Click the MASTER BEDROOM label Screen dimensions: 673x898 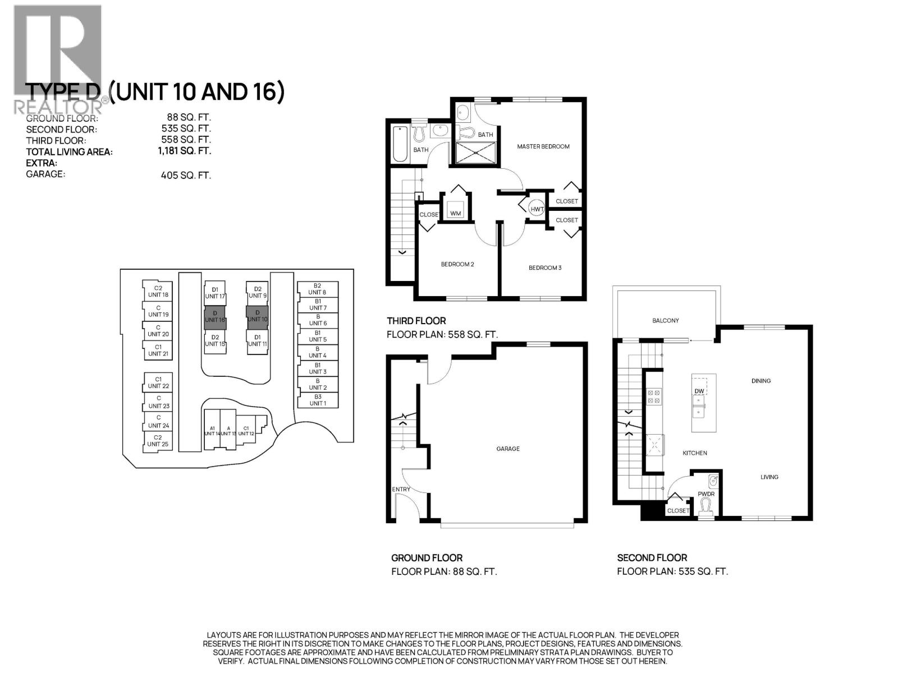coord(543,146)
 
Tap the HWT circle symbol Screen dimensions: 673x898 coord(537,209)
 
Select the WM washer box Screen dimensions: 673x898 coord(455,213)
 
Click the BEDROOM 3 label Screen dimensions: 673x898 coord(544,268)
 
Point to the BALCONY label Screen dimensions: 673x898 coord(665,320)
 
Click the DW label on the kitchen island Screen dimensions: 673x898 coord(699,391)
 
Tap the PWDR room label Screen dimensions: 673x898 coord(705,494)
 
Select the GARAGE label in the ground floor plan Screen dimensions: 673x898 coord(507,449)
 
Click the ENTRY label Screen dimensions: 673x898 coord(401,489)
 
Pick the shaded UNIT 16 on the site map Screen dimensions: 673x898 coord(214,317)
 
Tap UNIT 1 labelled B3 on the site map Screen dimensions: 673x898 coord(317,400)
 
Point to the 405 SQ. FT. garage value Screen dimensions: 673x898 coord(185,175)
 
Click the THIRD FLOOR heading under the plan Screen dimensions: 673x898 coord(416,321)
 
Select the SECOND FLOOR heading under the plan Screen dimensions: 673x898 coord(652,557)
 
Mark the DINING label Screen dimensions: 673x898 coord(761,381)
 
